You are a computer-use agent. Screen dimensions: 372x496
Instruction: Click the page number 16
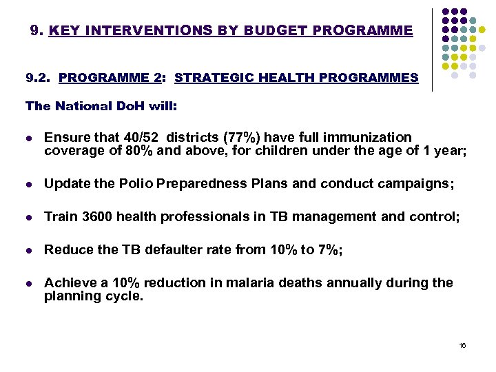pos(462,344)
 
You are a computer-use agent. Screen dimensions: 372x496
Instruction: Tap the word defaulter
pos(181,250)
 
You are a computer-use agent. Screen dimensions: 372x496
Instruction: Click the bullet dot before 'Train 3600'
pos(28,218)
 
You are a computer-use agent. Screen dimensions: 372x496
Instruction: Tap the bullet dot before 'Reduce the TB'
pos(28,251)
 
